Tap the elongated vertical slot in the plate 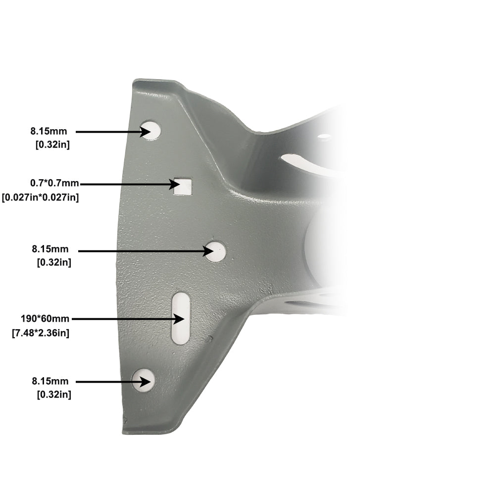(x=181, y=318)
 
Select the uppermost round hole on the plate (x=151, y=130)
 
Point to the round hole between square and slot (x=216, y=251)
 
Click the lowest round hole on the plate (x=144, y=380)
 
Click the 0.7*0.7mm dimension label (x=54, y=183)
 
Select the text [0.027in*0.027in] (x=40, y=198)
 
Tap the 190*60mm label (x=45, y=319)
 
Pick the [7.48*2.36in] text (x=41, y=333)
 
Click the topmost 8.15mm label (x=49, y=131)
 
